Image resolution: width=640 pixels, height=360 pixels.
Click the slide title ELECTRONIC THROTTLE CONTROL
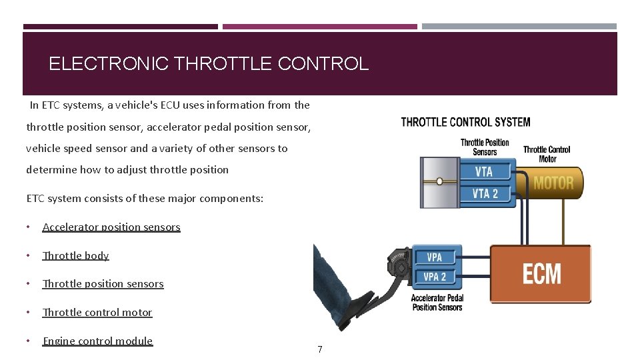pos(208,64)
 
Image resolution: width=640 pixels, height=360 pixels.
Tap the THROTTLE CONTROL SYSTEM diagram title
pos(465,122)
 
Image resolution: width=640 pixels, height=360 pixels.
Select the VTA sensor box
pos(485,171)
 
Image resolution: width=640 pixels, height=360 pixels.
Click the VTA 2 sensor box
pos(485,194)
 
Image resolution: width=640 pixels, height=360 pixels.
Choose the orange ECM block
pos(541,274)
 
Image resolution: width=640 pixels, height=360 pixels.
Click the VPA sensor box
pos(435,257)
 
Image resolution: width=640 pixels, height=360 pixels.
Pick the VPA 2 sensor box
pos(435,277)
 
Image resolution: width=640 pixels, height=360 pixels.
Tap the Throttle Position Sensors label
pos(485,147)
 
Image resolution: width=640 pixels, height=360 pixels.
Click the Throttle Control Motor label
pos(547,154)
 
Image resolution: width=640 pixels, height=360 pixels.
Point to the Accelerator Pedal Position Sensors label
pos(437,303)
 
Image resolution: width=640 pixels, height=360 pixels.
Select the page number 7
pos(320,349)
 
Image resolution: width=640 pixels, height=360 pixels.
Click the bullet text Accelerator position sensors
pos(111,227)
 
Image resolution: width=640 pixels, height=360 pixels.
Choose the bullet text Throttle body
pos(75,256)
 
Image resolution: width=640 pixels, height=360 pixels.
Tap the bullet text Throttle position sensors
pos(103,284)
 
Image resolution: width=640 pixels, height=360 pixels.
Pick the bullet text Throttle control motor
pos(97,313)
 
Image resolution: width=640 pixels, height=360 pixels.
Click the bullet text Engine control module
pos(97,341)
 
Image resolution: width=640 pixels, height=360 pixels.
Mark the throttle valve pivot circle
pos(439,181)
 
